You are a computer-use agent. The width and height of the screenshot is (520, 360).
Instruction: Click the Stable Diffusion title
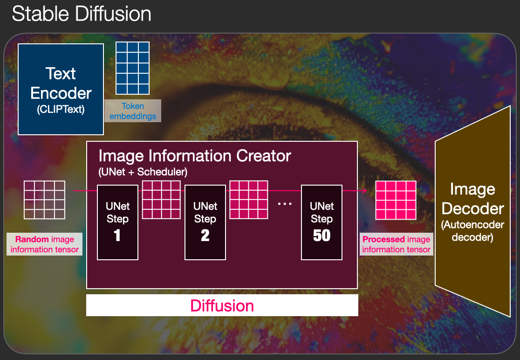(x=82, y=14)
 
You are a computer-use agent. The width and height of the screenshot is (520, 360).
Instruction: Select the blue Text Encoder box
(x=61, y=89)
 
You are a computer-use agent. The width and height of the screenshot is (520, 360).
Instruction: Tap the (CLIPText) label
(x=61, y=109)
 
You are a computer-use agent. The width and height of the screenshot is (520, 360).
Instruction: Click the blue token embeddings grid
(x=132, y=68)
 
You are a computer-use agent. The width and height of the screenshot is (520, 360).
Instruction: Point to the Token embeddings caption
(x=133, y=111)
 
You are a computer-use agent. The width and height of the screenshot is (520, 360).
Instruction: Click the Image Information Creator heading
(x=195, y=156)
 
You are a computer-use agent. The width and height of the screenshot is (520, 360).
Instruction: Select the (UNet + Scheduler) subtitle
(x=143, y=172)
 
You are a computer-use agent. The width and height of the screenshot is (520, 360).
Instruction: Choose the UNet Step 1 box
(x=117, y=222)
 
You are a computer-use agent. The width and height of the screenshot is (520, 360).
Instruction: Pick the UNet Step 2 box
(x=205, y=222)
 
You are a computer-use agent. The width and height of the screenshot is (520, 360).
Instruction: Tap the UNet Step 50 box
(x=322, y=222)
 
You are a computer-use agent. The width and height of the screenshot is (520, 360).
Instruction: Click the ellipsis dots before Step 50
(x=285, y=204)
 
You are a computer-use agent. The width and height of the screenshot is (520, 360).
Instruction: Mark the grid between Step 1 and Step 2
(x=161, y=200)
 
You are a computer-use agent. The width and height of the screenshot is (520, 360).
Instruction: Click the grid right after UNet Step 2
(x=249, y=200)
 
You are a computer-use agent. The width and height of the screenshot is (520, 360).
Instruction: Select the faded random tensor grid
(x=44, y=200)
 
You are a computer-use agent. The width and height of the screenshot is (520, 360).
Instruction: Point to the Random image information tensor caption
(x=44, y=244)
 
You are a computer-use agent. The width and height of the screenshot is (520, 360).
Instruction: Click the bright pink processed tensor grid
(x=396, y=200)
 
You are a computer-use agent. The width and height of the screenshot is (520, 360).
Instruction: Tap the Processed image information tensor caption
(x=397, y=244)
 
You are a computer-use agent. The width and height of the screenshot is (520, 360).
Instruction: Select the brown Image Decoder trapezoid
(x=472, y=211)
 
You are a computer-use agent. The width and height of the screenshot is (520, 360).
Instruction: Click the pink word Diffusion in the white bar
(x=222, y=305)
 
